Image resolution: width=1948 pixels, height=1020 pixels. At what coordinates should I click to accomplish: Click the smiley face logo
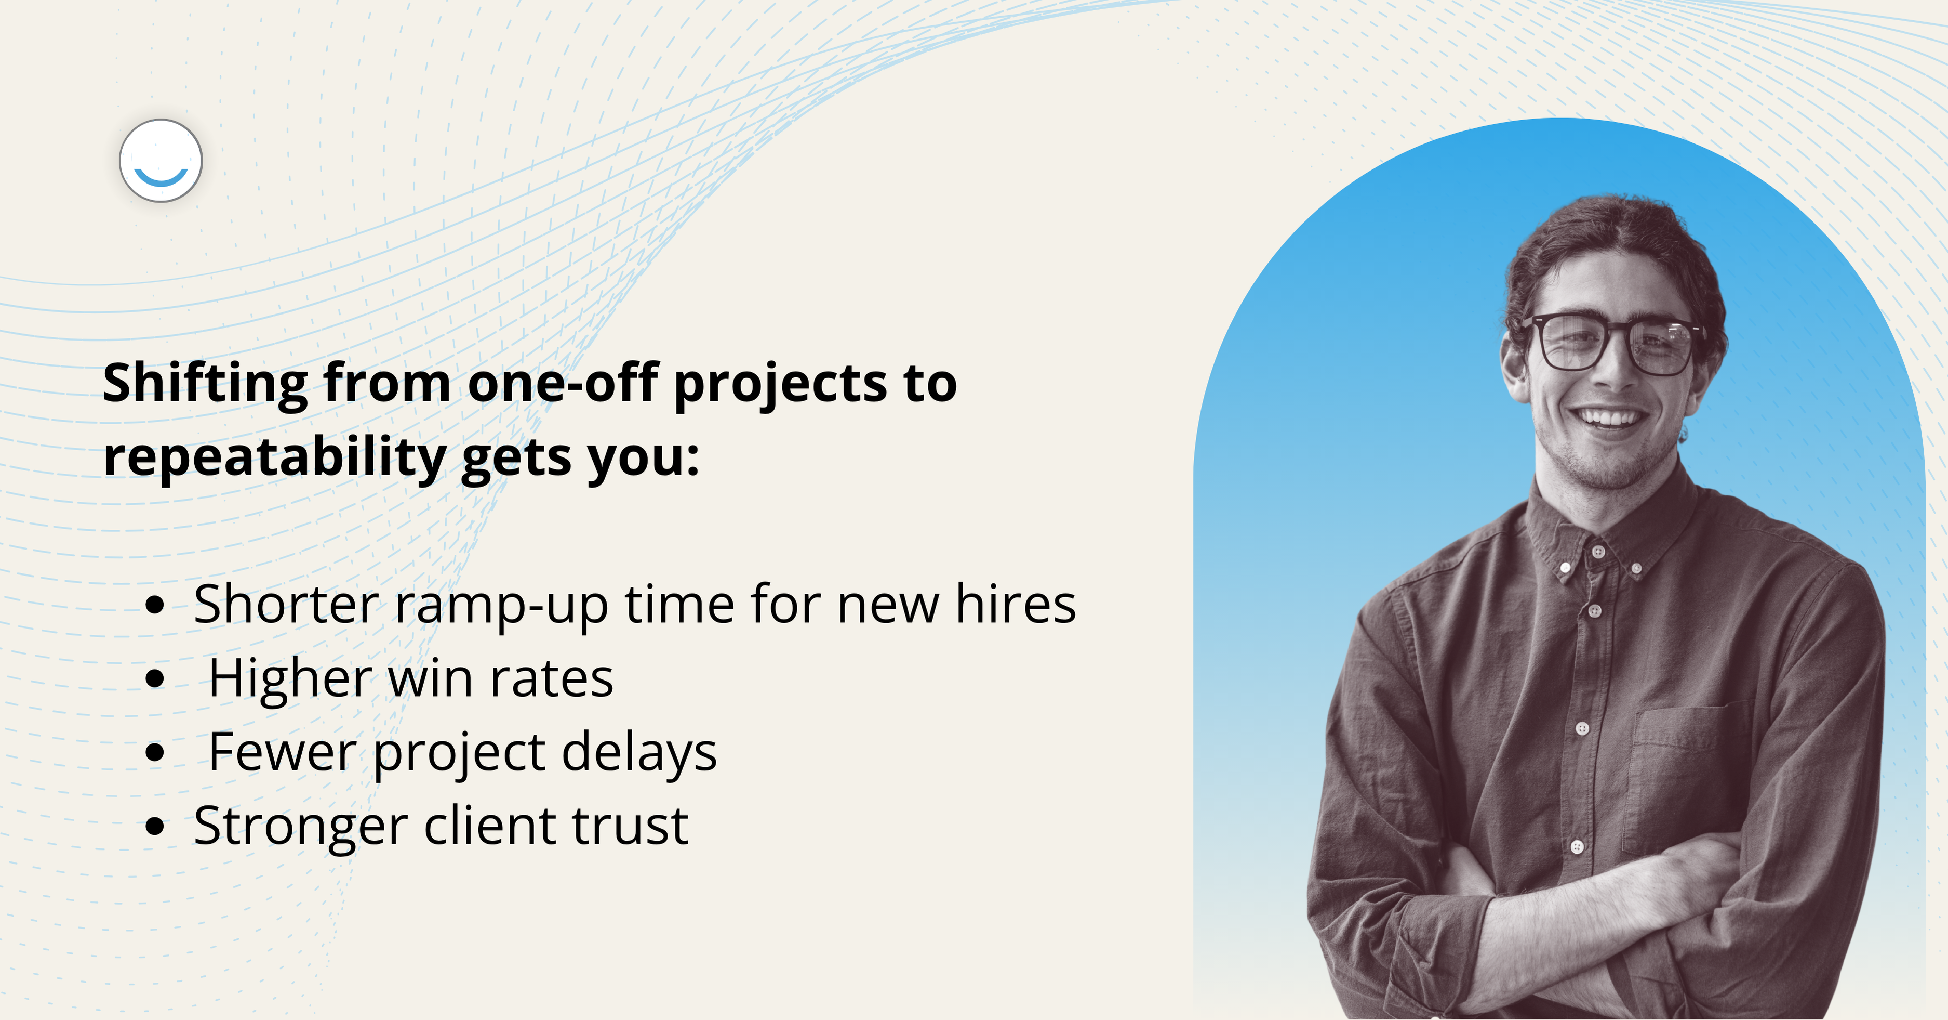[161, 161]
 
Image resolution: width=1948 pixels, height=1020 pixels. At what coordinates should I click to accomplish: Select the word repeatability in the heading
[274, 459]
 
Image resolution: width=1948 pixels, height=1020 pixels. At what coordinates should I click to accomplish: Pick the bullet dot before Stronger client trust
[154, 826]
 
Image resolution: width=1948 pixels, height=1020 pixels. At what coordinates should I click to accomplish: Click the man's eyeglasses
[1615, 344]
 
